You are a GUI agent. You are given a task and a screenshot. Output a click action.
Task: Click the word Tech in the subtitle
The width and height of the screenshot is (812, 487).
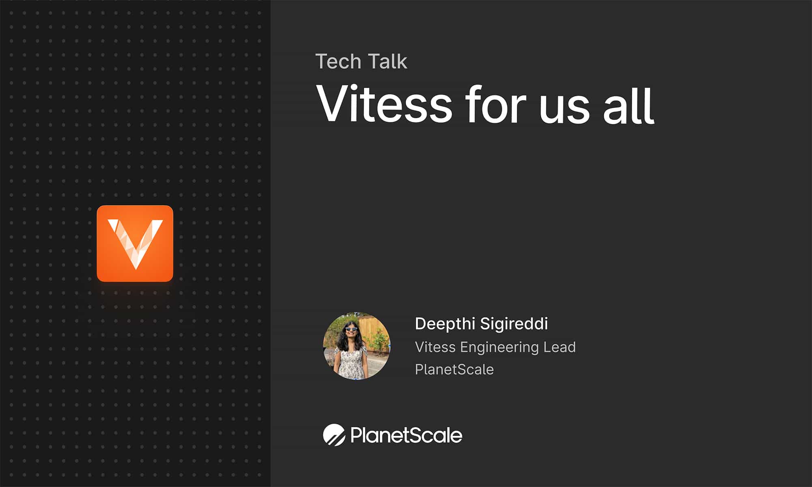click(338, 62)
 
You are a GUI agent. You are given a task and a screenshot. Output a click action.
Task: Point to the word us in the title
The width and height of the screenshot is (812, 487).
click(564, 108)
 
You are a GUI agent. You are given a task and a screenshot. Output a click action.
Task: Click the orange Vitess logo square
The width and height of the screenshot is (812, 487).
click(135, 243)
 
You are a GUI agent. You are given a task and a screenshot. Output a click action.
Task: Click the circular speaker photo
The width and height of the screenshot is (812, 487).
click(356, 346)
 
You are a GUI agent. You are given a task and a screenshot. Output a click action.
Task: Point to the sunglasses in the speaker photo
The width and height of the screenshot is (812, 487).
click(351, 329)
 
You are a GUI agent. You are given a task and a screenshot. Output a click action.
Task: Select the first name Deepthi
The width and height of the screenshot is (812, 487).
click(445, 324)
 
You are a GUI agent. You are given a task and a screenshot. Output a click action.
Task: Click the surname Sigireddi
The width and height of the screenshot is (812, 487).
click(514, 324)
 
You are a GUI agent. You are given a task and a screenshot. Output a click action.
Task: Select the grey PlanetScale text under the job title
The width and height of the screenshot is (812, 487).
click(454, 370)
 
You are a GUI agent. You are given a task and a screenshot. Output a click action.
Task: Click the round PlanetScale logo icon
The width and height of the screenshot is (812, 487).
click(334, 435)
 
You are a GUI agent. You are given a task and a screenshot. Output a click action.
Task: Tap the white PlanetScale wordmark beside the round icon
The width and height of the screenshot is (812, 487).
click(406, 435)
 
